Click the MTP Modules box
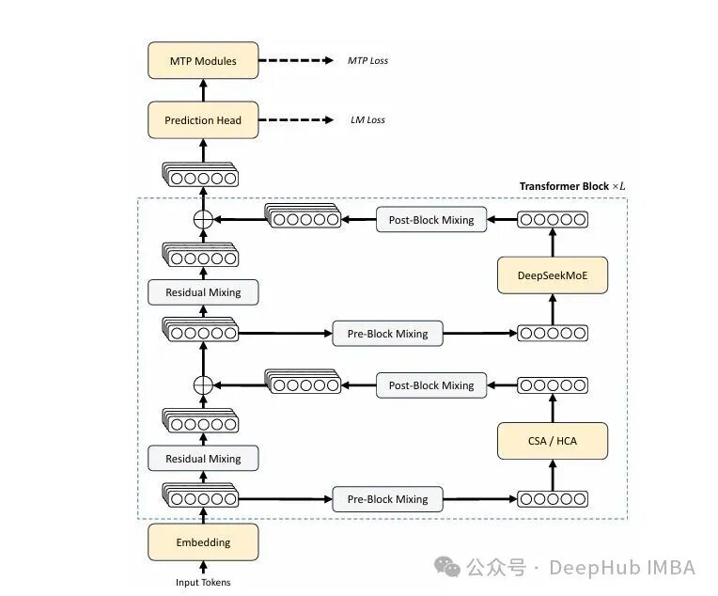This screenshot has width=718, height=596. pos(202,61)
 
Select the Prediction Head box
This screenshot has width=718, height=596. pos(202,120)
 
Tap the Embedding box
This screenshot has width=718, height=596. pos(202,542)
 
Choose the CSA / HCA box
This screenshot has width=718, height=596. pos(553,440)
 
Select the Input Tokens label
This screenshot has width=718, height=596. pos(202,582)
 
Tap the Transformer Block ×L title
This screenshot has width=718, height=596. pos(571,186)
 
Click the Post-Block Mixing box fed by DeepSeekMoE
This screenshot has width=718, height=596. pos(431,220)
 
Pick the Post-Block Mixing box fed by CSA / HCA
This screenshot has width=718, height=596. pos(431,385)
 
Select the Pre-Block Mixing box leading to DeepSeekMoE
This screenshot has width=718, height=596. pos(387,333)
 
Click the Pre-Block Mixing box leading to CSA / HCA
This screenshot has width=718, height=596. pos(387,499)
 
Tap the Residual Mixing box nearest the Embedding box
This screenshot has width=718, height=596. pos(202,459)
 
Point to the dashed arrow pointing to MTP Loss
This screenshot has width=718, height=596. pos(295,61)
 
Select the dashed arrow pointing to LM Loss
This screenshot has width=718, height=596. pos(295,120)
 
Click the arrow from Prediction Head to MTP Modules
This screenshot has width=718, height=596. pos(202,91)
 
